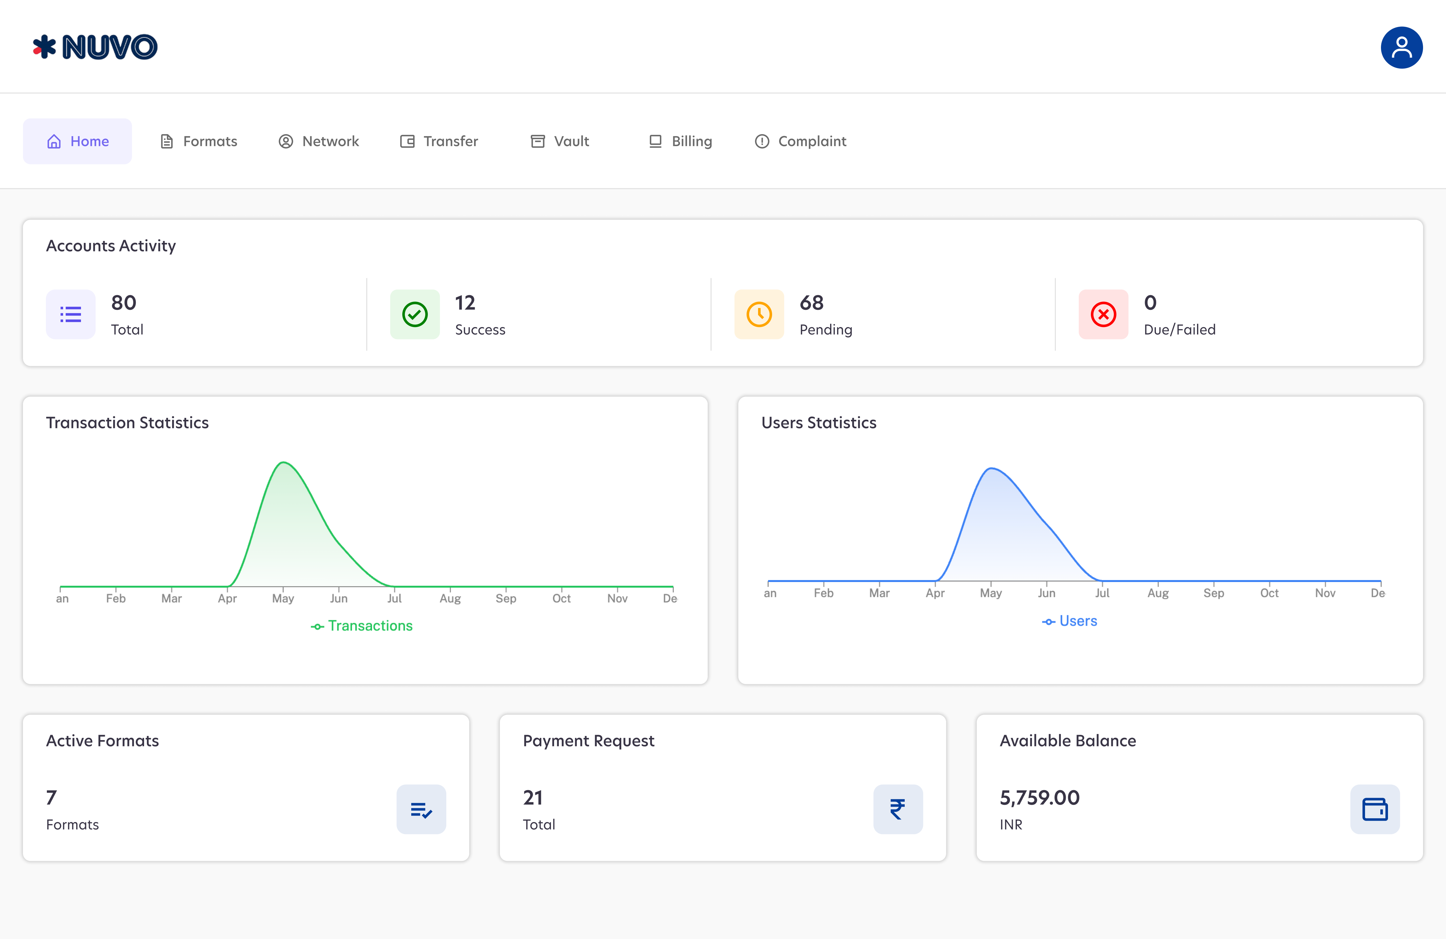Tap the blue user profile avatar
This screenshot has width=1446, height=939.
[1401, 47]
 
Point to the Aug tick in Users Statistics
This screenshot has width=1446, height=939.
[1158, 592]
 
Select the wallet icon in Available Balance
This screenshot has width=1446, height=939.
[1375, 809]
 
